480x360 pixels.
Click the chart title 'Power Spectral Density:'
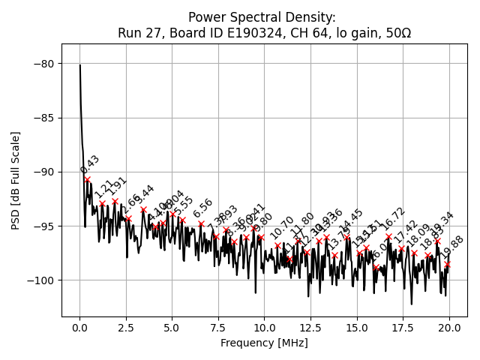click(x=262, y=17)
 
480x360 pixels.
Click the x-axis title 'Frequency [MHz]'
click(x=264, y=343)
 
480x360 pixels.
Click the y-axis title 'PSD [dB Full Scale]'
click(x=15, y=180)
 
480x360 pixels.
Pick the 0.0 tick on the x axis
click(x=79, y=328)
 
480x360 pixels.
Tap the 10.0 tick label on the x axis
click(x=264, y=328)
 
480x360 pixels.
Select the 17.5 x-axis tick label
click(x=403, y=328)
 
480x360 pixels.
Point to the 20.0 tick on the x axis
click(x=449, y=328)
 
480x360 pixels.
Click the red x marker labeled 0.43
click(x=88, y=180)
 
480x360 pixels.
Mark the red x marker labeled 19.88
click(x=447, y=264)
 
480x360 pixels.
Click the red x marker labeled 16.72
click(x=388, y=237)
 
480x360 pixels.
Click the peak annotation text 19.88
click(x=453, y=246)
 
